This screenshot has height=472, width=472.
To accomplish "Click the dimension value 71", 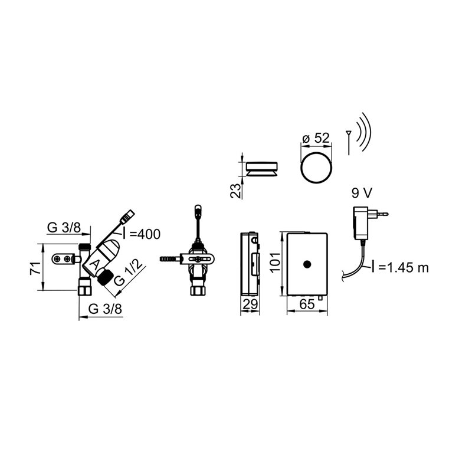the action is click(35, 268).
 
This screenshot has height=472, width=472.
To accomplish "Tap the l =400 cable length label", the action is click(141, 234).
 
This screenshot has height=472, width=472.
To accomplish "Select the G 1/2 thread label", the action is click(128, 273).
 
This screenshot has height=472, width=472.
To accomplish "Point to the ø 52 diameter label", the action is click(316, 138).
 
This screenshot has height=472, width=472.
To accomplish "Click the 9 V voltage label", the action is click(362, 193).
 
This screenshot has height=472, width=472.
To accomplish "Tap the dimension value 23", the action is click(235, 191).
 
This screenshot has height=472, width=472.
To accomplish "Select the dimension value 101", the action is click(275, 263).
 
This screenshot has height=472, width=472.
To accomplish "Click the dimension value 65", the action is click(307, 304).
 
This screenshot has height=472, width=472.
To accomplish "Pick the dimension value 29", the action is click(250, 304).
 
